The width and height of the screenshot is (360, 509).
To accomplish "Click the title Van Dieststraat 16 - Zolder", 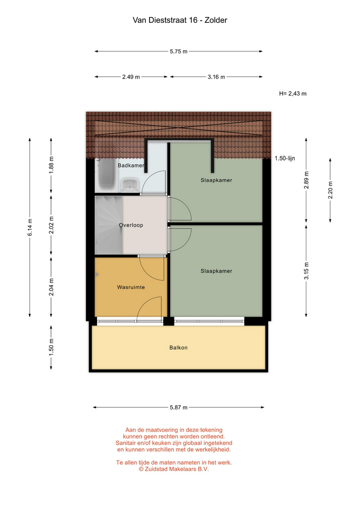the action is point(180,20).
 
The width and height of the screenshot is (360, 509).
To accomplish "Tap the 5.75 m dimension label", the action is point(179,51).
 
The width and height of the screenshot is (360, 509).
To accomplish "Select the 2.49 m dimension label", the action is point(131,77).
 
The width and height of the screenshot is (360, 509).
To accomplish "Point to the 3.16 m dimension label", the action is point(216,77).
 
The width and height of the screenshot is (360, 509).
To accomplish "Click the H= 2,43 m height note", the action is point(293,93).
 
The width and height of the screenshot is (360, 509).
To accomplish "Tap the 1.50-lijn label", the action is point(285,159).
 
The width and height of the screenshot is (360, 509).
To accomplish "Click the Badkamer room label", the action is point(131,165).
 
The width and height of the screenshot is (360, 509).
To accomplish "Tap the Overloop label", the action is point(131,225).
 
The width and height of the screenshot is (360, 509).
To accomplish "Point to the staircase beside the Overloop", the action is point(109,225).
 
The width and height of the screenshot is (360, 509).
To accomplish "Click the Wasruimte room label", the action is point(131,287).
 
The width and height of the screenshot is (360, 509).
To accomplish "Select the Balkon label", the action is point(179,348).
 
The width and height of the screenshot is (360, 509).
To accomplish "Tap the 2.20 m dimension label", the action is point(330,190).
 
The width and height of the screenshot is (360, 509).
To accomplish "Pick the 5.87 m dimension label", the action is point(179,407).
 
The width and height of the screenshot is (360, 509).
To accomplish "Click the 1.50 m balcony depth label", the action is point(51,347).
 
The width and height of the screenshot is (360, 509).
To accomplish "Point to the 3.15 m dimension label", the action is point(306,271).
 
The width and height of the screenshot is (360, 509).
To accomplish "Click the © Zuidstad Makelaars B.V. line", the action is point(174,469).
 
